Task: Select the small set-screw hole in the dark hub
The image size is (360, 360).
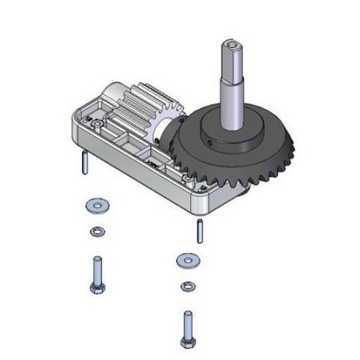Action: [x=205, y=143]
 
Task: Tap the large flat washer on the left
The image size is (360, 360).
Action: [x=94, y=206]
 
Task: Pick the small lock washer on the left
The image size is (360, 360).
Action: [x=96, y=232]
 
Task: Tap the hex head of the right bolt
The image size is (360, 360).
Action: [x=189, y=341]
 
